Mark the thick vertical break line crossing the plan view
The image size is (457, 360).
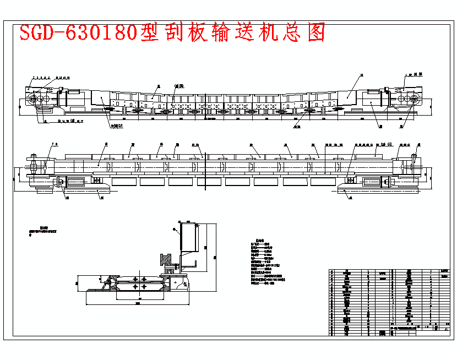coord(205,165)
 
